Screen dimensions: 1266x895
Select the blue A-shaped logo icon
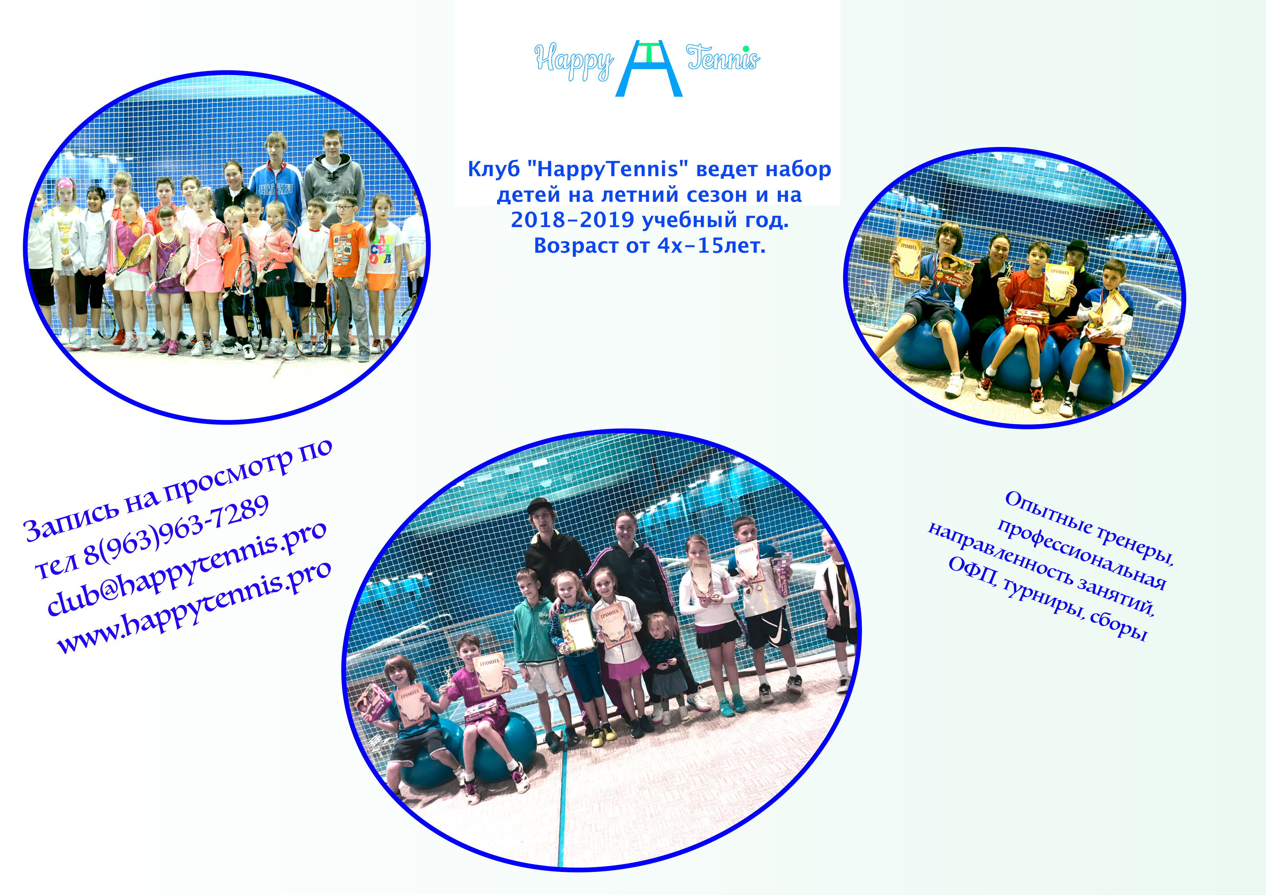point(649,68)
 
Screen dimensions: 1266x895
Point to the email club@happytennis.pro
point(186,568)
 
